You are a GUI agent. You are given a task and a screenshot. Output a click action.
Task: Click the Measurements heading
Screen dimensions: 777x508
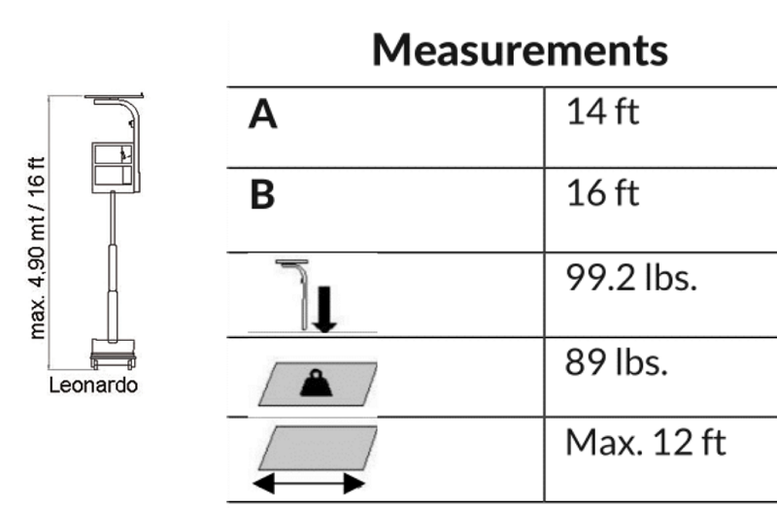tap(520, 50)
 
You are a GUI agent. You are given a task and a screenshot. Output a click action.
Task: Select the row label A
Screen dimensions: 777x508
tap(262, 114)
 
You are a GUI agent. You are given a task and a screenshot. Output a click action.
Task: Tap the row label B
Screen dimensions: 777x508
tap(262, 194)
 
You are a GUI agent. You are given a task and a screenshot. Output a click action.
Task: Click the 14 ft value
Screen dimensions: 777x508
tap(602, 112)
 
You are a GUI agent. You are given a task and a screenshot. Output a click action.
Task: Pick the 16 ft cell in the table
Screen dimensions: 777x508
tap(602, 192)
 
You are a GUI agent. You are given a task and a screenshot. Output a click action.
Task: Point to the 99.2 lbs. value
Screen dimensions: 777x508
tap(630, 277)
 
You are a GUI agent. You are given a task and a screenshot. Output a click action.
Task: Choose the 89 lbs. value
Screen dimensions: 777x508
tap(616, 361)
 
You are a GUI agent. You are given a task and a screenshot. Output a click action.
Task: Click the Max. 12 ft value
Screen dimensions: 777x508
tap(645, 442)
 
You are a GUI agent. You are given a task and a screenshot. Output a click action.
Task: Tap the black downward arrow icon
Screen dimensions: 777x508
tap(324, 309)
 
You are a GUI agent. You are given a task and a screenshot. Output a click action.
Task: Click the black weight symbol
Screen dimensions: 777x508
tap(317, 383)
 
